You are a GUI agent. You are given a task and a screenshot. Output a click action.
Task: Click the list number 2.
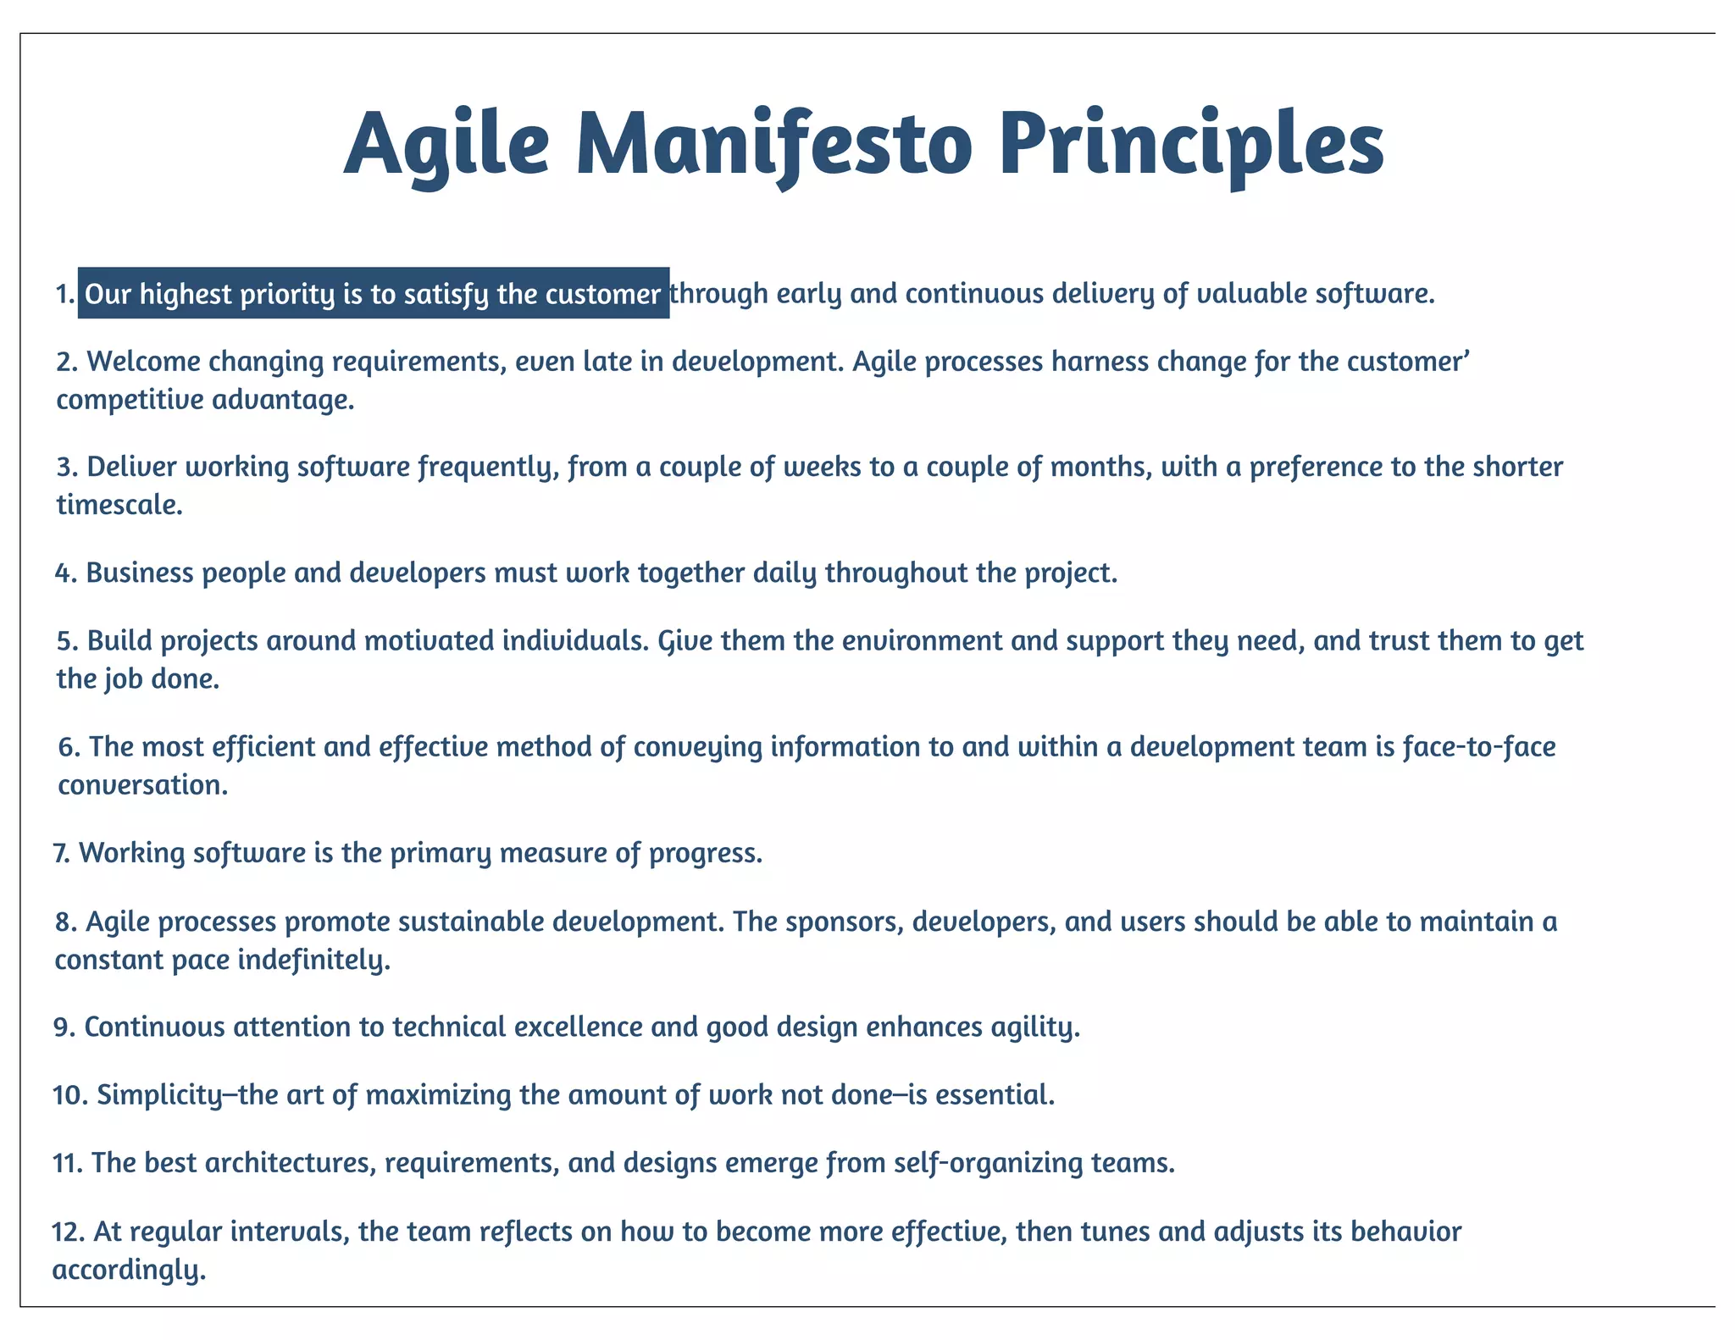pos(66,363)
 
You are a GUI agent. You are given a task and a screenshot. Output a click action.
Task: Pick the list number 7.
pos(61,853)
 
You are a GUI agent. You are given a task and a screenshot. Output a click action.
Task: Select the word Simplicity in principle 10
pos(159,1095)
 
